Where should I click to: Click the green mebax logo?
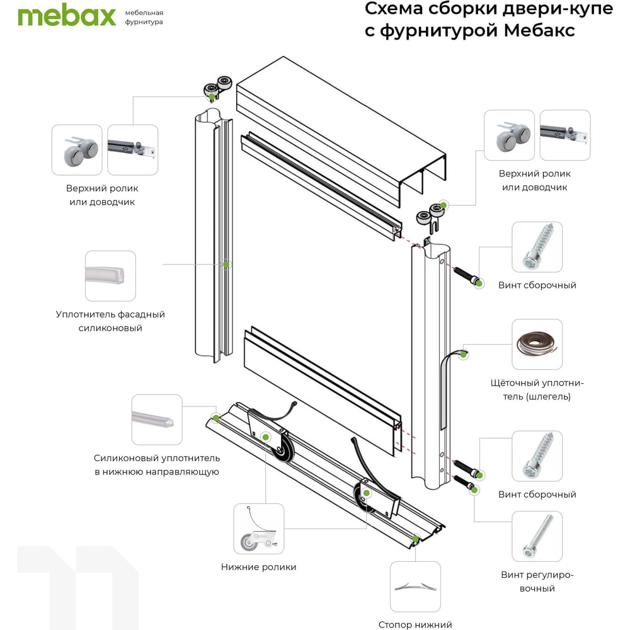pyautogui.click(x=67, y=17)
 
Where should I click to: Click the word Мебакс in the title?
pyautogui.click(x=539, y=30)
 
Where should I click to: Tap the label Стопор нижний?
pyautogui.click(x=415, y=624)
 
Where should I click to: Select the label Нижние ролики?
pyautogui.click(x=259, y=567)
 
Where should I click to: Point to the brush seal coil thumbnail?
pyautogui.click(x=537, y=345)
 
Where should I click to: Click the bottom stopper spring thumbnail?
pyautogui.click(x=415, y=587)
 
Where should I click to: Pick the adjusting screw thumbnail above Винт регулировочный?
pyautogui.click(x=537, y=536)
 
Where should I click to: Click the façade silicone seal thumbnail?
pyautogui.click(x=110, y=276)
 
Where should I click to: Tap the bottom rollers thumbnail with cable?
pyautogui.click(x=259, y=529)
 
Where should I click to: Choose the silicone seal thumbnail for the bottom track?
pyautogui.click(x=157, y=420)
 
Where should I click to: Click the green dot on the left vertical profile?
pyautogui.click(x=226, y=265)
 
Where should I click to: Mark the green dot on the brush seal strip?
pyautogui.click(x=463, y=354)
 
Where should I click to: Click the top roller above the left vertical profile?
pyautogui.click(x=218, y=88)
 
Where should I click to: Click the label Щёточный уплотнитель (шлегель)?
pyautogui.click(x=537, y=390)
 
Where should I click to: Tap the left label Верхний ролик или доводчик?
pyautogui.click(x=102, y=195)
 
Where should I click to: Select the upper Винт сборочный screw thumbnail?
pyautogui.click(x=537, y=247)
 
